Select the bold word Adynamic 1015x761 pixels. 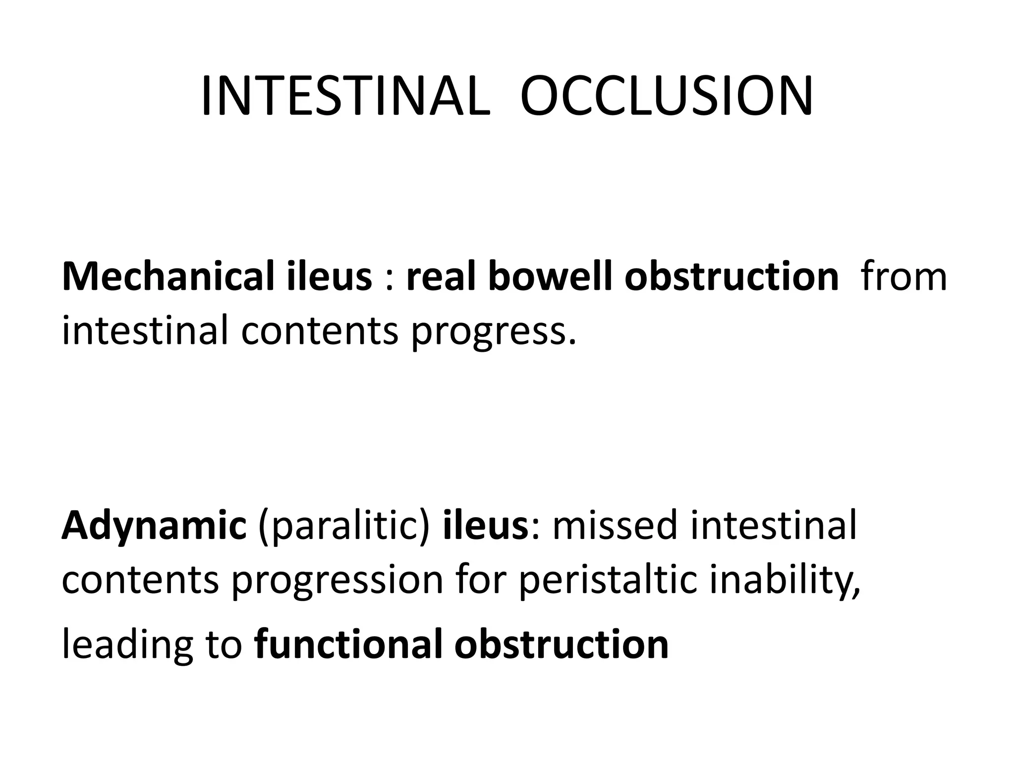point(154,526)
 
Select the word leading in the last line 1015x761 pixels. point(127,645)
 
